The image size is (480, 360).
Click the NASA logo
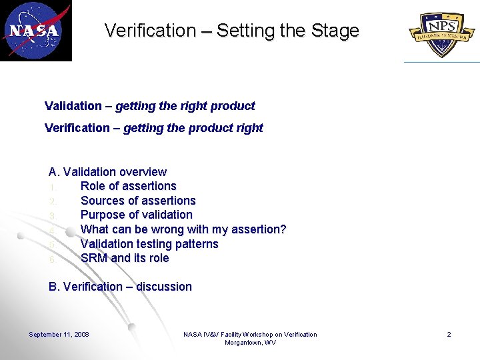click(35, 30)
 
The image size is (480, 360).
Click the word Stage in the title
click(335, 31)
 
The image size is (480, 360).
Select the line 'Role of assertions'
click(128, 186)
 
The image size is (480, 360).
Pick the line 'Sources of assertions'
click(138, 201)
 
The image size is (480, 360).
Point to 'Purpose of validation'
click(136, 215)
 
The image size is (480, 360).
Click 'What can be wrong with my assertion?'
click(183, 229)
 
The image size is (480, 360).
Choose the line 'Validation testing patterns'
click(149, 244)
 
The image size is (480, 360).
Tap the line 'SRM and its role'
click(125, 258)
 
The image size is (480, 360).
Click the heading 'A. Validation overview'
click(107, 172)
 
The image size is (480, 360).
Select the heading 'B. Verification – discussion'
click(120, 287)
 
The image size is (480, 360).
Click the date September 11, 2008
click(59, 335)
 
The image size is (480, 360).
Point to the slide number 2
click(449, 335)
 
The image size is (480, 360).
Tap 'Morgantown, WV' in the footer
click(250, 343)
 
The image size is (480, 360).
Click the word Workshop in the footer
click(264, 335)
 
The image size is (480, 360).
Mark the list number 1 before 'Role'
click(51, 187)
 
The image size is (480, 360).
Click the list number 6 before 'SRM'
click(51, 259)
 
